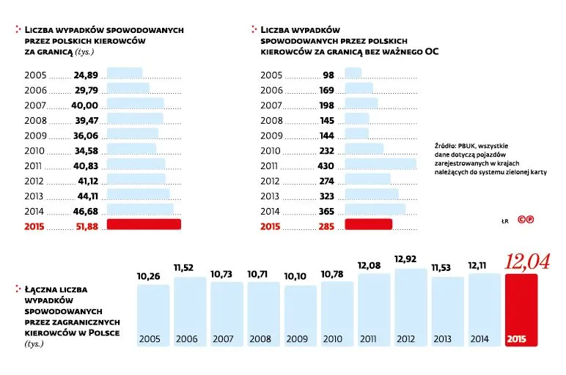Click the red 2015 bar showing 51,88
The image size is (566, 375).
[x=144, y=225]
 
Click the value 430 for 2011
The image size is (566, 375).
[x=325, y=166]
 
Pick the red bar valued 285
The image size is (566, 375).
[x=368, y=225]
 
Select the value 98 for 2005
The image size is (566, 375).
[x=328, y=75]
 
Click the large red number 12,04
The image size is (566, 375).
[x=526, y=261]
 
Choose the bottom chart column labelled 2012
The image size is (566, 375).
[x=411, y=308]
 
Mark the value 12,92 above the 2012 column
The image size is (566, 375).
[x=411, y=259]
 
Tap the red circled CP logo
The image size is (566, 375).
[x=524, y=219]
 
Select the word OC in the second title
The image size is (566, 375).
[x=434, y=51]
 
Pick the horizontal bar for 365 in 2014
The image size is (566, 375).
[x=375, y=210]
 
